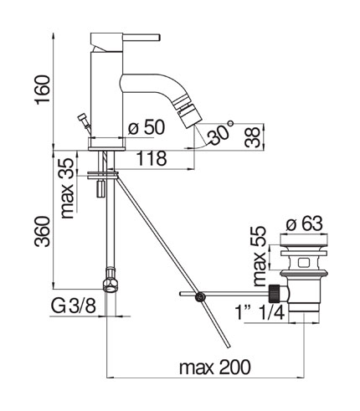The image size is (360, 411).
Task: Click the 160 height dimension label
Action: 43,90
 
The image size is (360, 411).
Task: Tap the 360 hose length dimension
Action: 43,231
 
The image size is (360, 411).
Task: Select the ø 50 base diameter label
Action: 147,128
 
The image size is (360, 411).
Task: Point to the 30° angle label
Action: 219,132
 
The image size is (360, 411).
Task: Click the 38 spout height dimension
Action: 252,136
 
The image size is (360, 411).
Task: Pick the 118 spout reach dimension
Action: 152,158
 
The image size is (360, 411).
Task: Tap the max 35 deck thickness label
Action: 68,188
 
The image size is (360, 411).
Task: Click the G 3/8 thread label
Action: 74,306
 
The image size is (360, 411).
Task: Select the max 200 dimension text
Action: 215,367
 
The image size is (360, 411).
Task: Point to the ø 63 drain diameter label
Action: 305,223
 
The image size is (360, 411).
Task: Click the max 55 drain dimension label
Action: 260,256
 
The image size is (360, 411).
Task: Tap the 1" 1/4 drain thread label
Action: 260,312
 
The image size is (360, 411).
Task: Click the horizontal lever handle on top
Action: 141,38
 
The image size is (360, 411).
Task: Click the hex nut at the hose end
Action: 111,284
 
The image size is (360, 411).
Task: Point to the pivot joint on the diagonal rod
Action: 200,297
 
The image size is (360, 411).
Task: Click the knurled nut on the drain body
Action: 274,294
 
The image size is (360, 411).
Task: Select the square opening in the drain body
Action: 303,263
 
